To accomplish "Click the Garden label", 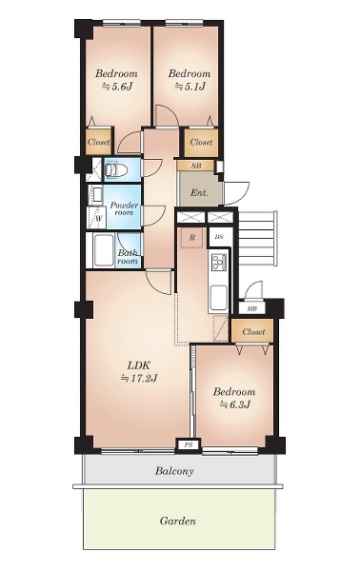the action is point(178,521).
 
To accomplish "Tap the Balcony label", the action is point(174,471).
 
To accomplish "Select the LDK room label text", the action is point(138,365).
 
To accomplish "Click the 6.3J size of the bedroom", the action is point(235,404).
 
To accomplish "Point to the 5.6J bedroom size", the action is point(116,87).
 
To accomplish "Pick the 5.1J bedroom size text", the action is point(190,87).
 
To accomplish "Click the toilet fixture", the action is point(116,169).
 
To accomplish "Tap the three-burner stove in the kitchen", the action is point(219,262).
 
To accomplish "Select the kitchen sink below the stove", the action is point(219,297).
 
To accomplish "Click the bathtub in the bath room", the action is point(104,250).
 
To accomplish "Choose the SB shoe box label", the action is point(196,166).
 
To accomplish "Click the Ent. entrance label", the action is point(199,192).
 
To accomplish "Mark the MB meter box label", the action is point(251,309).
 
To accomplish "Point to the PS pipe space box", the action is point(188,444).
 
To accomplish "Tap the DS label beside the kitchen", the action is point(219,237).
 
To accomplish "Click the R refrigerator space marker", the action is point(192,238).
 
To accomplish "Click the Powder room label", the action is point(124,208).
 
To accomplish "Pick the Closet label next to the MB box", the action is point(253,332).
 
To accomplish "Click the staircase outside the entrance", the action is point(257,239).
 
